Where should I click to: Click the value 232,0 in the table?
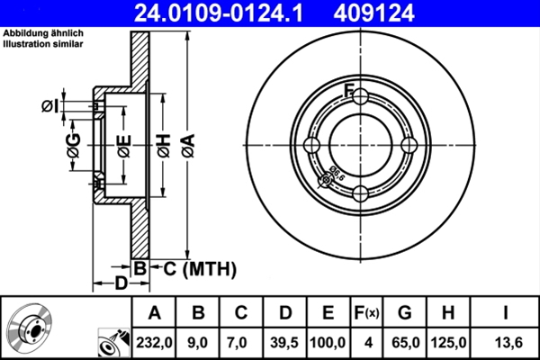click(x=154, y=341)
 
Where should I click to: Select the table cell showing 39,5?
click(x=285, y=341)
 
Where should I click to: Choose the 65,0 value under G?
click(x=405, y=341)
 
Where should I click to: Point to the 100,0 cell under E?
click(x=328, y=341)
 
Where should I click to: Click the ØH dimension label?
click(x=163, y=145)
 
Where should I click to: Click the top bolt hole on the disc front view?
click(x=359, y=98)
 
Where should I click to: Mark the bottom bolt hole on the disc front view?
click(x=359, y=193)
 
